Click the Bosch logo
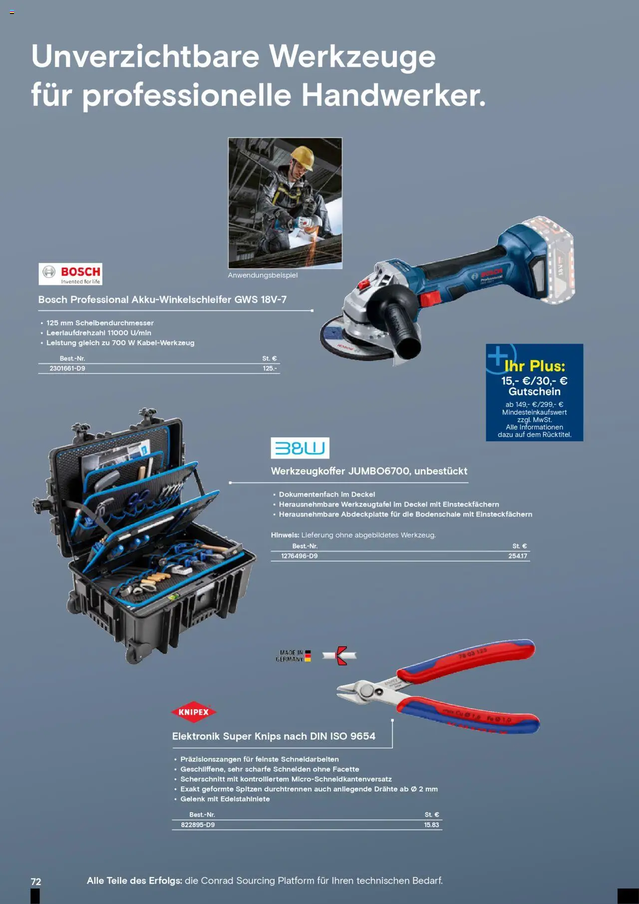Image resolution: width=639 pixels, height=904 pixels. pos(70,274)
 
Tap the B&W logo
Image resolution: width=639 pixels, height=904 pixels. pos(300,448)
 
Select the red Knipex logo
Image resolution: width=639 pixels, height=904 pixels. pos(194,712)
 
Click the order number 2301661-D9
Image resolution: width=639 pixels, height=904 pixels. pos(67,369)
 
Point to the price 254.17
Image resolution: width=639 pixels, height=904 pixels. pos(518,556)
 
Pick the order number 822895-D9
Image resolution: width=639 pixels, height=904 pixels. pos(198,825)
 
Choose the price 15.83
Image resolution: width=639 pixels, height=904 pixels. pos(431,825)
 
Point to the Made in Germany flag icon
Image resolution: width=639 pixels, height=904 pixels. pos(308,656)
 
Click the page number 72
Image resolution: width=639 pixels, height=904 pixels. pos(36,882)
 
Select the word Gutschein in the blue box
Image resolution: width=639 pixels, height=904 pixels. pos(535,392)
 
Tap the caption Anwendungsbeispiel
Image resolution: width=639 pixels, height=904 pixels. pos(263,275)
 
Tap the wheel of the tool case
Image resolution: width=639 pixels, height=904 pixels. pos(134,653)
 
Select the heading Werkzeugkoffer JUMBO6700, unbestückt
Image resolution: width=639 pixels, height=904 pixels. pos(369,471)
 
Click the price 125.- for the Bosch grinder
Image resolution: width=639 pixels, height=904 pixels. pos(270,369)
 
